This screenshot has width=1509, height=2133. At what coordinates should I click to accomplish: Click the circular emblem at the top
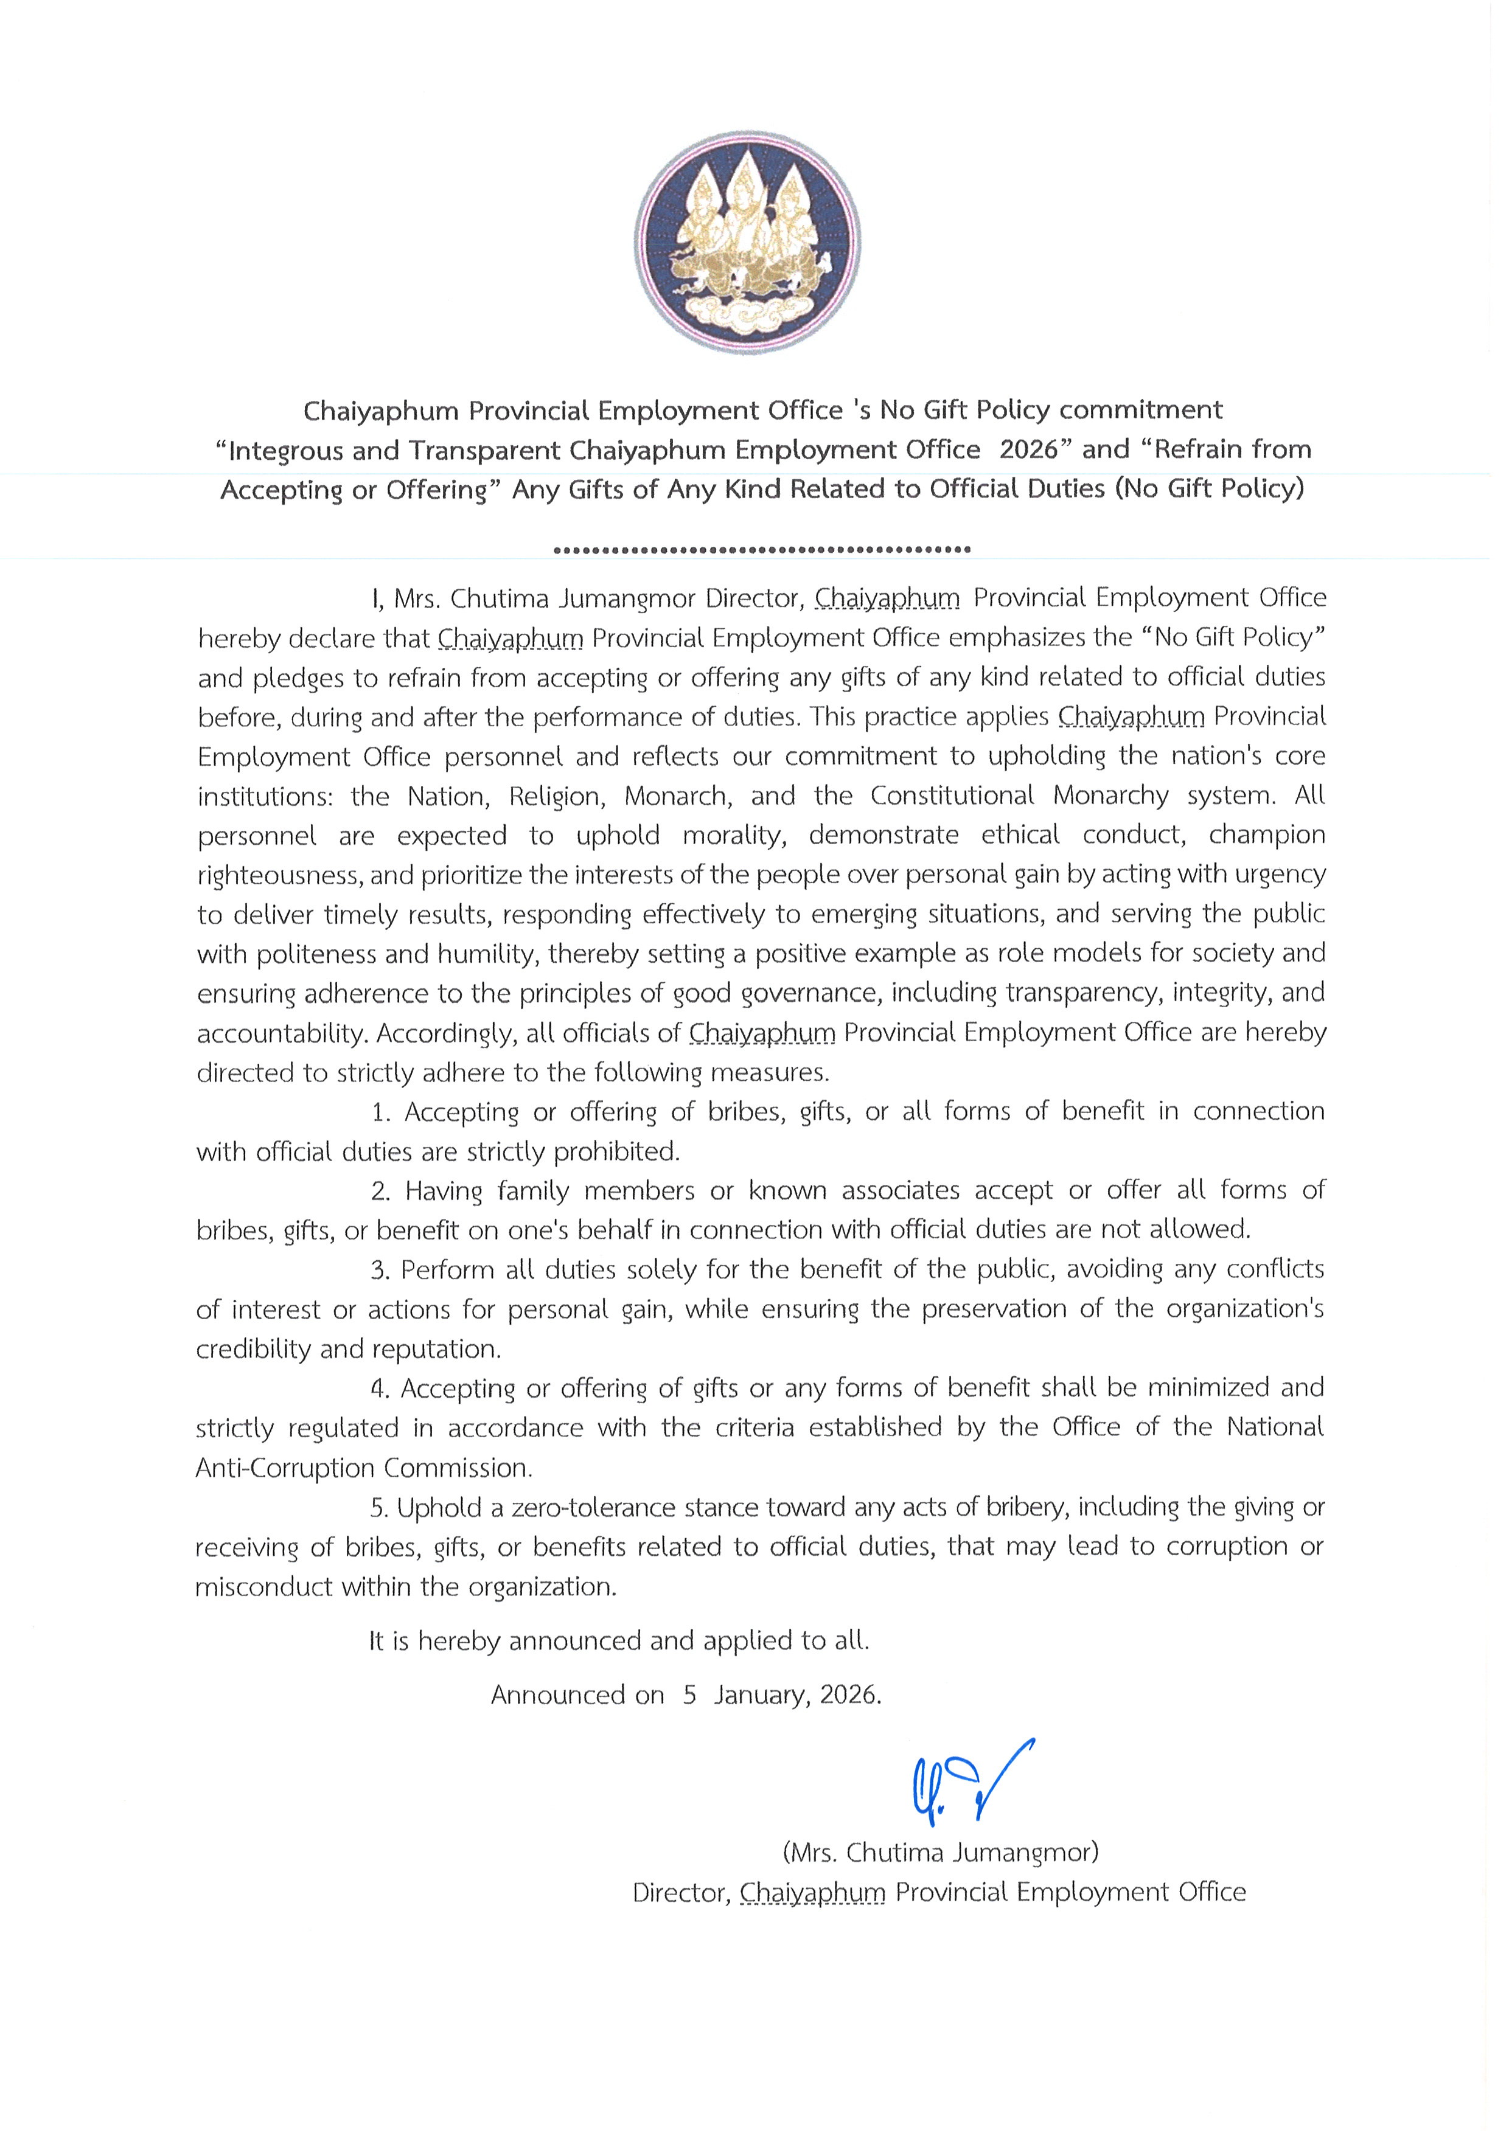748,243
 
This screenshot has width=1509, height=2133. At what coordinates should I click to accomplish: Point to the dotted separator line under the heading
762,549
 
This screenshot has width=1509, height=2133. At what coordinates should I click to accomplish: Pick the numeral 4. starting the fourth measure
380,1388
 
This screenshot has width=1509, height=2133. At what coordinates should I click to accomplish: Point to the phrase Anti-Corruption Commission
363,1468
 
